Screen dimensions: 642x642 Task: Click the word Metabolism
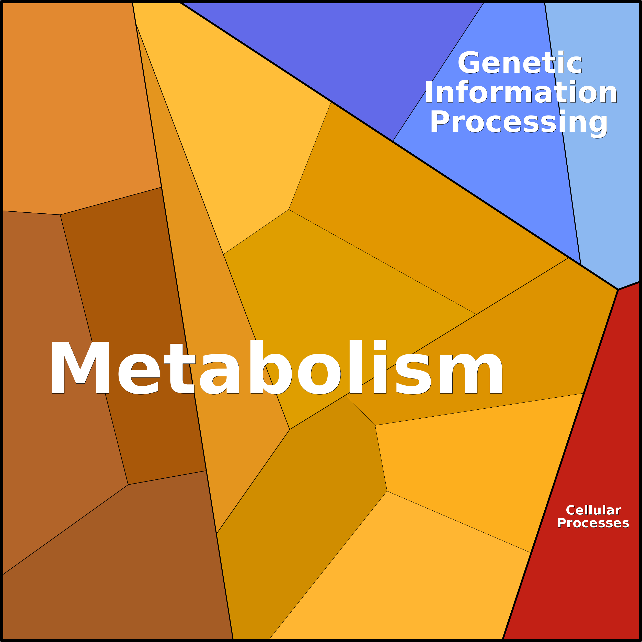click(276, 367)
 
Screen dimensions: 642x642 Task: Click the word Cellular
click(593, 510)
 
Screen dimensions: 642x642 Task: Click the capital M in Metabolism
click(80, 367)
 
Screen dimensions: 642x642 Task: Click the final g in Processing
click(598, 125)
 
